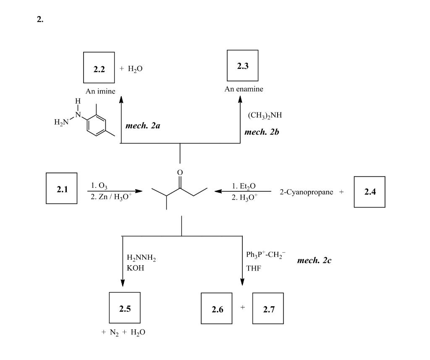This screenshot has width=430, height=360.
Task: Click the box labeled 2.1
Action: (x=61, y=188)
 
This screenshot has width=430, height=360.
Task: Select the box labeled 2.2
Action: (x=99, y=68)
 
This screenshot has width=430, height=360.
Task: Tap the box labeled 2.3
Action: (x=242, y=65)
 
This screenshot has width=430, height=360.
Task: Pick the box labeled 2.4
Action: (x=369, y=192)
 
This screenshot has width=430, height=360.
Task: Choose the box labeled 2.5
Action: (x=124, y=308)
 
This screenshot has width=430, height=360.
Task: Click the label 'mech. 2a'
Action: (x=142, y=125)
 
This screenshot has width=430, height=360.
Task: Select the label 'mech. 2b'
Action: (x=262, y=132)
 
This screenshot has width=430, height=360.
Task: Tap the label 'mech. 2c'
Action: (x=314, y=261)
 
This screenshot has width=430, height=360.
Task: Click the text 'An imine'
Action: (x=100, y=91)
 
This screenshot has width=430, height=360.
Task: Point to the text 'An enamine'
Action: (x=244, y=89)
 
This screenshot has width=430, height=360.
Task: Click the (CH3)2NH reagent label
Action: (x=262, y=115)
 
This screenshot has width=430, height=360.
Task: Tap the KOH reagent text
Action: (x=135, y=268)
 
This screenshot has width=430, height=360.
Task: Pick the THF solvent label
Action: (x=253, y=268)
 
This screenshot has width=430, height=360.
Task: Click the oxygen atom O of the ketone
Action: (x=180, y=172)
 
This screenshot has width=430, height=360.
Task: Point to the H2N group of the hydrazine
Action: (x=61, y=122)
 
